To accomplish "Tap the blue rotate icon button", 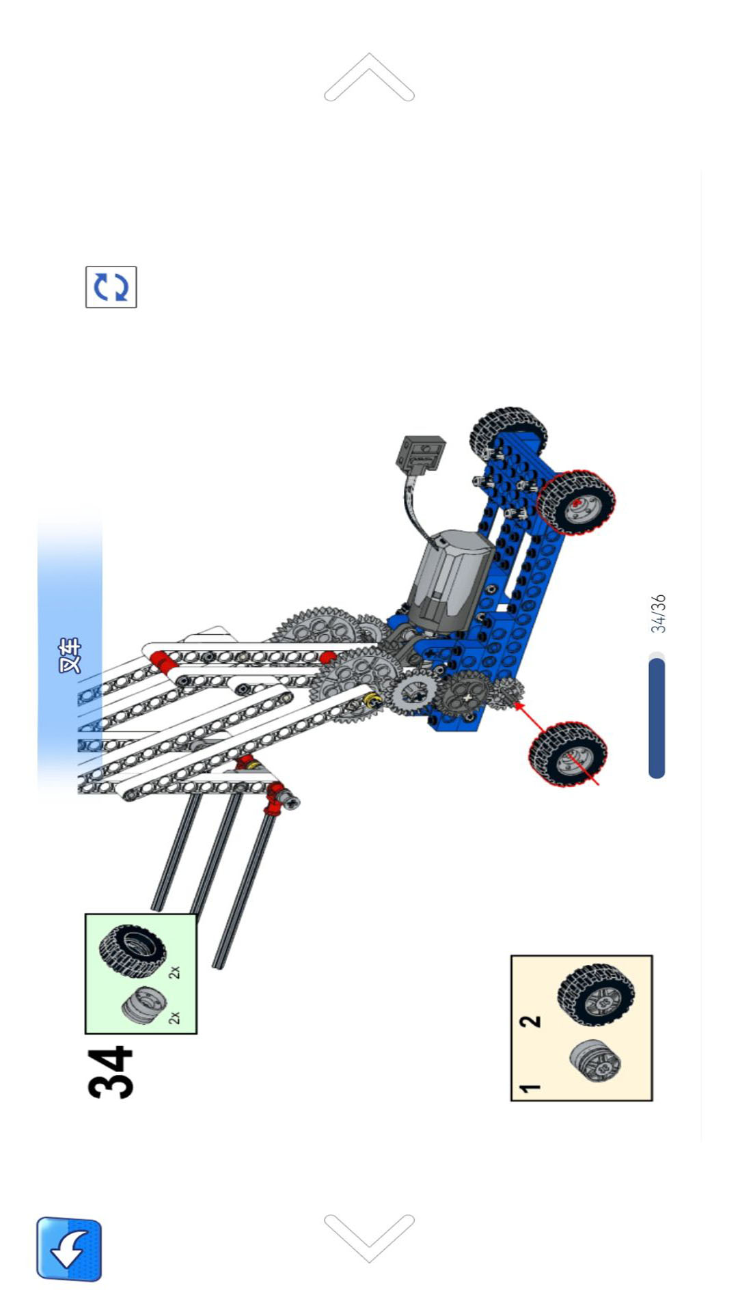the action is [111, 287].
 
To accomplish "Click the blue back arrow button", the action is [69, 1248].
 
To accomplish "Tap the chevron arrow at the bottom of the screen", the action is [369, 1238].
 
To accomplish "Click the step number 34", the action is [111, 1072].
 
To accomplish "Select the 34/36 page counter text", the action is [657, 614].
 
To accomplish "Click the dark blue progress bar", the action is [657, 717].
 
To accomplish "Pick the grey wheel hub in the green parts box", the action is [143, 1005].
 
